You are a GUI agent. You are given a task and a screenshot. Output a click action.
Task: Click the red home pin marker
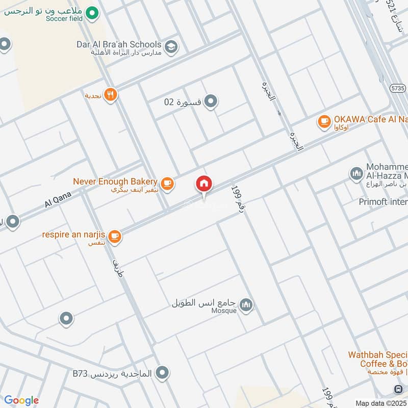coord(204,184)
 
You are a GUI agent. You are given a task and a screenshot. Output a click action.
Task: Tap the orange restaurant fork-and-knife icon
coord(111,94)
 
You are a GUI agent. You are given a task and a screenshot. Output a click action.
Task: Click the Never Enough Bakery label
coord(115,181)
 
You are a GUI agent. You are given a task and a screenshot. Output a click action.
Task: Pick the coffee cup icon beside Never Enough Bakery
coord(167,183)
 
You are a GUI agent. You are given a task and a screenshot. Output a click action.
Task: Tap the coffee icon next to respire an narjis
coord(114,236)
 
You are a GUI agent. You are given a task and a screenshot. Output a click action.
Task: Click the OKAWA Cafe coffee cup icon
coord(324,121)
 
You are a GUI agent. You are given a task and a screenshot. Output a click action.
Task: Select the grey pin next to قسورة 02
coord(211,101)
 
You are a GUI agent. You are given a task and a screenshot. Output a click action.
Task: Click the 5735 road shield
coord(399,88)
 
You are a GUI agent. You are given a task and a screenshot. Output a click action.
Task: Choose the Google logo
coord(21,400)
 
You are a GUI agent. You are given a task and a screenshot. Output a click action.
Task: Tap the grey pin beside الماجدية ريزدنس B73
coord(163,373)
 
